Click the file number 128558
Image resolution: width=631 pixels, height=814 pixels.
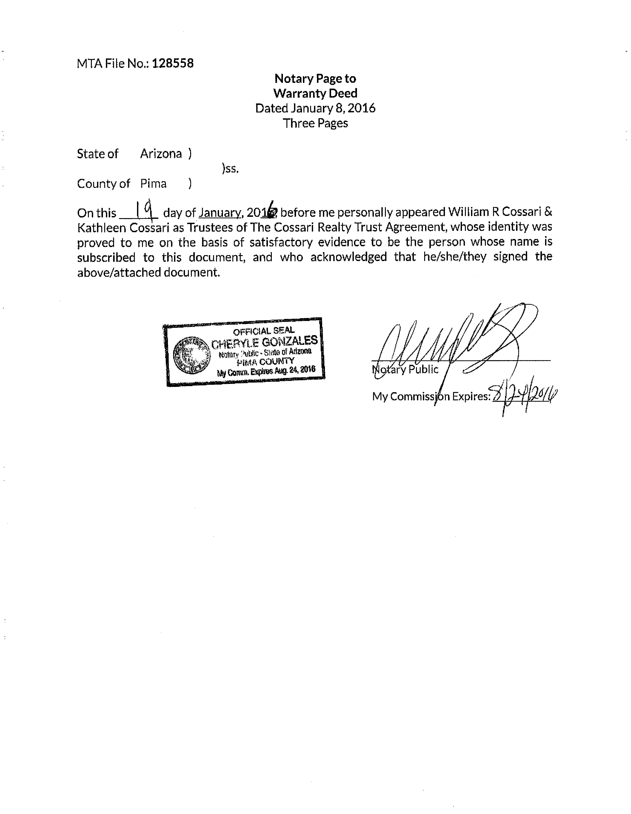point(173,63)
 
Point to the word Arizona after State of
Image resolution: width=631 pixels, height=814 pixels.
point(161,154)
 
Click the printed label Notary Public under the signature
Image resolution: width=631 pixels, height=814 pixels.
point(405,369)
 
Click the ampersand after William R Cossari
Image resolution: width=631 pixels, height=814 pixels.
point(548,212)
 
